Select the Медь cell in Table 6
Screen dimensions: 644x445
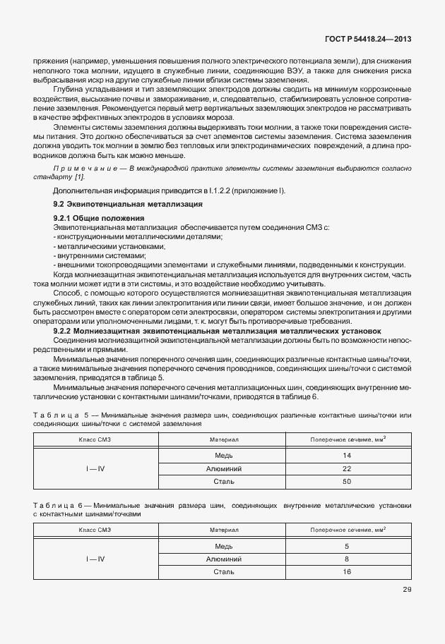(x=224, y=546)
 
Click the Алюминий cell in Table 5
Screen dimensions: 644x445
(x=224, y=468)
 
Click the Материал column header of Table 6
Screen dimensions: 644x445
(x=224, y=529)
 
